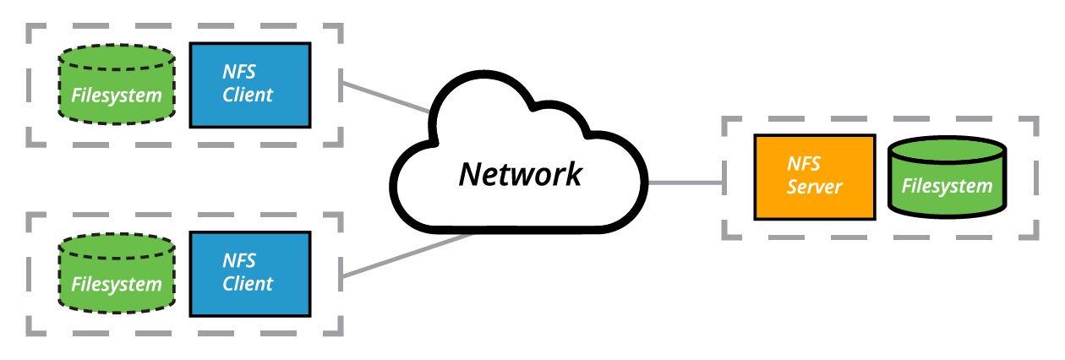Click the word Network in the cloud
tap(520, 174)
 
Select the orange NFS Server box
tap(814, 177)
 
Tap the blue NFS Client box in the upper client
tap(249, 85)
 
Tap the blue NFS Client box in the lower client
tap(249, 274)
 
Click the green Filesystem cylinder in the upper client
tap(116, 85)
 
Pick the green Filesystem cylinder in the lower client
tap(116, 274)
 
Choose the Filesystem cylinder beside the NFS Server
tap(947, 177)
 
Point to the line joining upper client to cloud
tap(385, 97)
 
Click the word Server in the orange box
tap(814, 187)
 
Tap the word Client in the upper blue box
tap(248, 95)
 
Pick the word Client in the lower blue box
tap(248, 284)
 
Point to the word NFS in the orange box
tap(804, 164)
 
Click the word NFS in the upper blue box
tap(239, 72)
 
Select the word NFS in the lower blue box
tap(239, 261)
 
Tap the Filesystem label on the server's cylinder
tap(947, 186)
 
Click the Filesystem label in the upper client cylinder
tap(116, 95)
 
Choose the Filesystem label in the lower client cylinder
tap(116, 285)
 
